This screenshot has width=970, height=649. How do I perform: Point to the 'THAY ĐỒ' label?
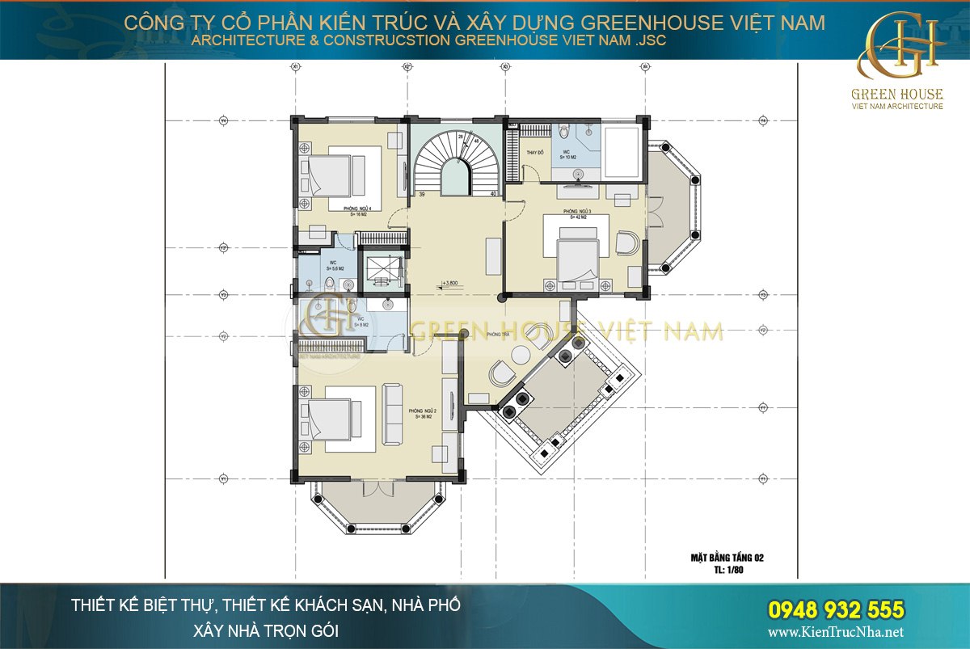coord(534,153)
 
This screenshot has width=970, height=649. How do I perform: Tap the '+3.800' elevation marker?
coord(449,284)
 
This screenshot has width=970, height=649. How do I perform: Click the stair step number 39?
coord(422,195)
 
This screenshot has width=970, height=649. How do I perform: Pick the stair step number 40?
coord(493,195)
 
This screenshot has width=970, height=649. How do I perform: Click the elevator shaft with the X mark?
coord(380,269)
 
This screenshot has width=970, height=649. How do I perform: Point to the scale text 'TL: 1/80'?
coord(727,569)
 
